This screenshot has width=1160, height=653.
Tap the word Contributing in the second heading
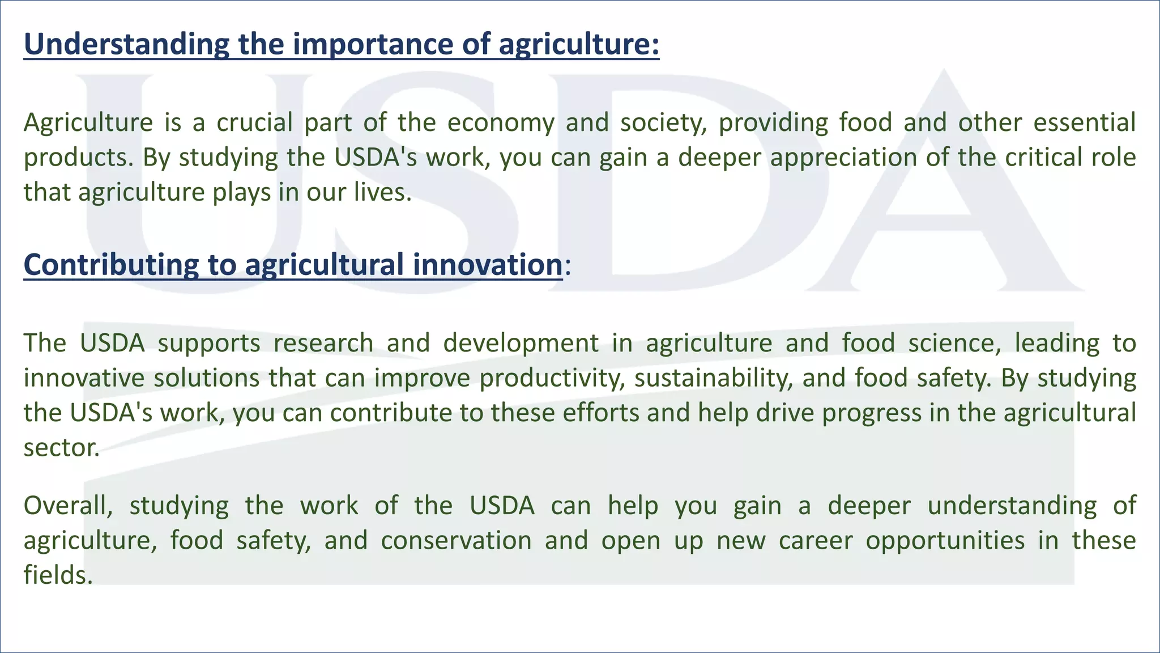pyautogui.click(x=111, y=265)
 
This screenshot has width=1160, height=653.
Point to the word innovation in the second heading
pyautogui.click(x=487, y=265)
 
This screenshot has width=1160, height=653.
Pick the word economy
pyautogui.click(x=501, y=124)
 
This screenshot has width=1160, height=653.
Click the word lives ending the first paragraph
pyautogui.click(x=382, y=192)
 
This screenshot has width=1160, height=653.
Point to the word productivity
pyautogui.click(x=549, y=378)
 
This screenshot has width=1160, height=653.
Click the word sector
pyautogui.click(x=61, y=448)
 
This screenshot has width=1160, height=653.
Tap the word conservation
pyautogui.click(x=456, y=540)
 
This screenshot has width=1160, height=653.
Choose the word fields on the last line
pyautogui.click(x=57, y=575)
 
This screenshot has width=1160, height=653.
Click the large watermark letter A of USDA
pyautogui.click(x=945, y=187)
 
